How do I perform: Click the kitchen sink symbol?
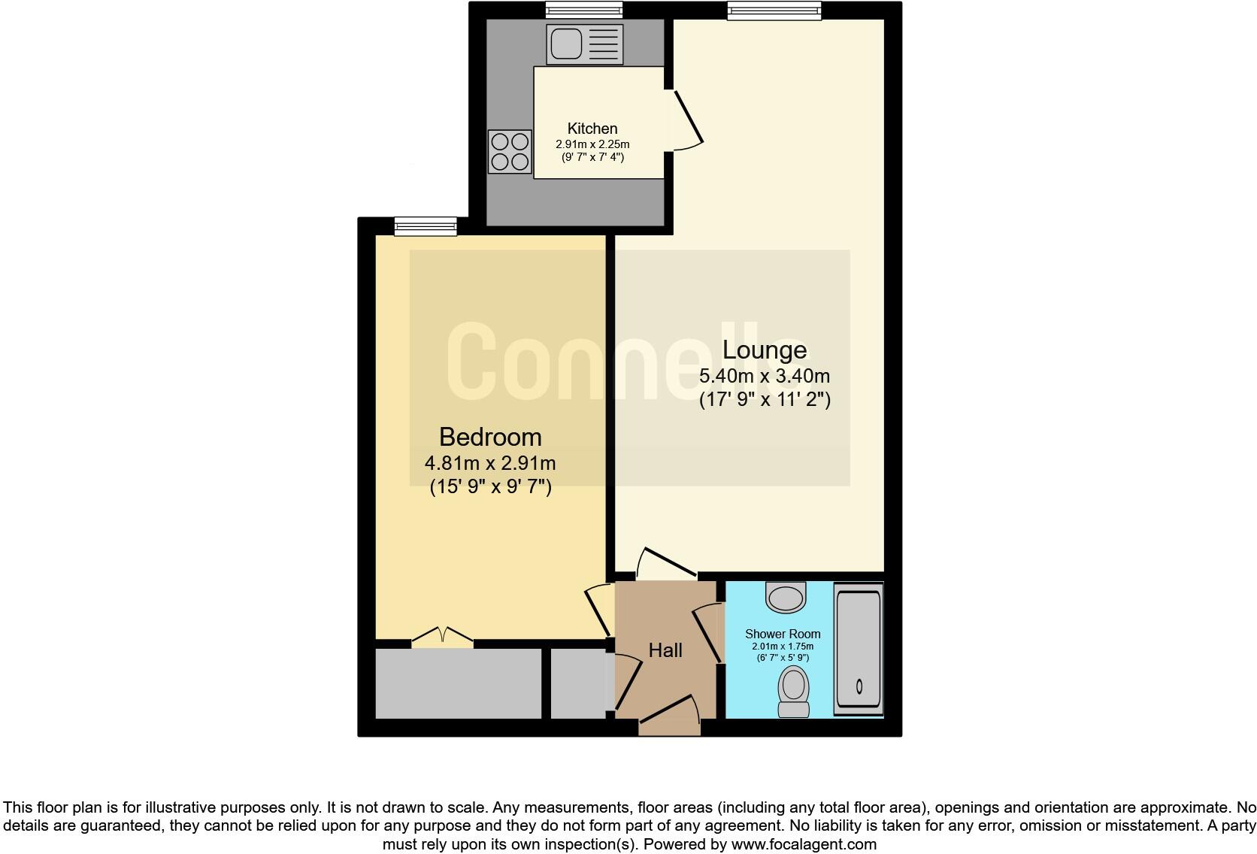coord(585,44)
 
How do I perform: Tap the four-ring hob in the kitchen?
coord(510,151)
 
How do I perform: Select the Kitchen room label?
coord(592,129)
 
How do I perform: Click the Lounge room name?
coord(765,350)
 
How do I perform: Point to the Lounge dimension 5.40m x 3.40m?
coord(765,376)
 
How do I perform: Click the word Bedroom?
coord(490,437)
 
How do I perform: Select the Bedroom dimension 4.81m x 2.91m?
coord(490,464)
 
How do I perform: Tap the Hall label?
coord(665,650)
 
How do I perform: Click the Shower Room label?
coord(783,634)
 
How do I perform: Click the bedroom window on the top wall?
coord(426,226)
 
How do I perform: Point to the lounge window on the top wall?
coord(774,10)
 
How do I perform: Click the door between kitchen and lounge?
coord(688,120)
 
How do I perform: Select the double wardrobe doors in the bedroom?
coord(443,637)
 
